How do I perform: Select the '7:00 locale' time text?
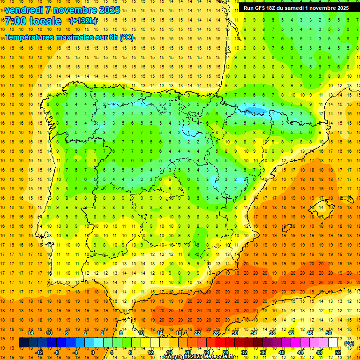click(x=33, y=21)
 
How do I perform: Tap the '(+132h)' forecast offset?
click(x=83, y=21)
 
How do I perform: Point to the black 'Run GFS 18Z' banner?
click(x=296, y=8)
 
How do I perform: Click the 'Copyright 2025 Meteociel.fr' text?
click(x=199, y=357)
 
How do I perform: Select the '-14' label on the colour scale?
click(x=30, y=333)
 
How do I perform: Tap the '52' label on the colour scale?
click(x=337, y=352)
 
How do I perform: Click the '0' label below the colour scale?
click(x=93, y=352)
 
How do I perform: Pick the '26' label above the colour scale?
click(x=216, y=333)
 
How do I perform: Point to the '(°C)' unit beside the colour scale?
click(x=349, y=343)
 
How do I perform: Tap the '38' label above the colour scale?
click(x=272, y=333)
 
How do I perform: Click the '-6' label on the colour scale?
click(x=66, y=333)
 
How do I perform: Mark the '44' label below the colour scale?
click(x=300, y=352)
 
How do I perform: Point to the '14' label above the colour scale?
click(x=160, y=333)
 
